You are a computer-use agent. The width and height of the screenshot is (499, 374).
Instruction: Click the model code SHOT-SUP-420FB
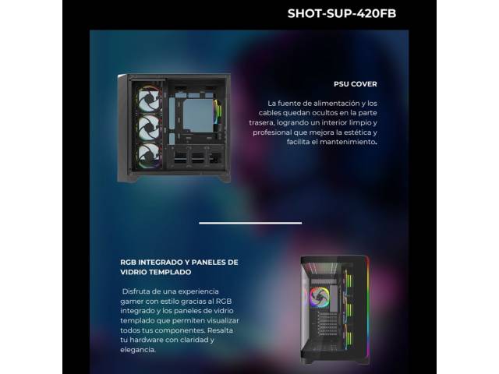point(342,14)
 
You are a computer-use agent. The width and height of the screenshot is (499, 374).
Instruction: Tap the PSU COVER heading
point(356,84)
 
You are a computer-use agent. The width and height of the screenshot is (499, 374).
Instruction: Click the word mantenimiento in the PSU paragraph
point(348,142)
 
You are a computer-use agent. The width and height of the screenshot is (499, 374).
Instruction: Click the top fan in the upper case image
point(149,99)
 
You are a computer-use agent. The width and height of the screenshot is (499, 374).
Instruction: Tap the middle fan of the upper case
point(149,127)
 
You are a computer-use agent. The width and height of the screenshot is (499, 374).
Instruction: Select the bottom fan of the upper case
point(149,155)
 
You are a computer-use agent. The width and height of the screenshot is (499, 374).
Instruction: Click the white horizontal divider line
point(250,223)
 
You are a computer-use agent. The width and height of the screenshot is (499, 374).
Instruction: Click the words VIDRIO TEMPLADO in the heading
point(156,272)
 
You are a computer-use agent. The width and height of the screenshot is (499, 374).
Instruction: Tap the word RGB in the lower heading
point(128,263)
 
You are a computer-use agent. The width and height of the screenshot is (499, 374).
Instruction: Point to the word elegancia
point(138,350)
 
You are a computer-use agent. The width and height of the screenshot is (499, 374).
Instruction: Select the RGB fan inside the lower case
point(317,298)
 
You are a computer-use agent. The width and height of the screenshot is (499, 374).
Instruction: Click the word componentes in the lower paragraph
point(179,330)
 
